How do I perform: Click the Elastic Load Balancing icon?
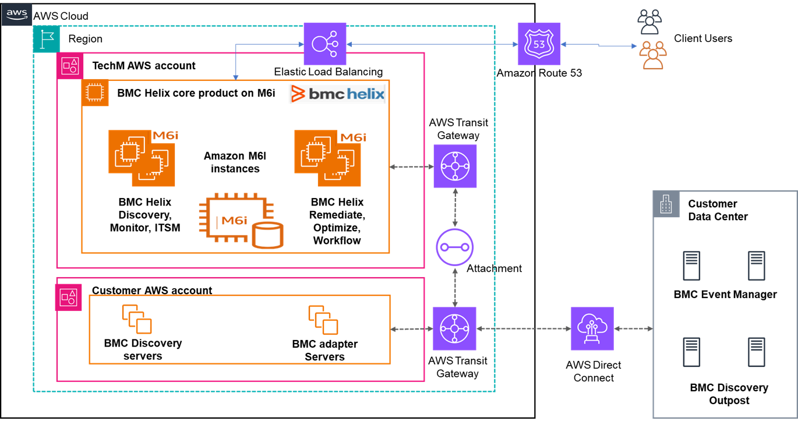[325, 44]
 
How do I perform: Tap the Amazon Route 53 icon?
[539, 44]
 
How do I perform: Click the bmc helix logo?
[337, 94]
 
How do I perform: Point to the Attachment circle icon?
[455, 247]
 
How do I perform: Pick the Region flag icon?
[47, 38]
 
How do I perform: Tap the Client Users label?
[703, 38]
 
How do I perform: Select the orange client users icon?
[652, 55]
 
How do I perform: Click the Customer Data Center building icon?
[666, 204]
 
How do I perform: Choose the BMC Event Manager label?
[725, 295]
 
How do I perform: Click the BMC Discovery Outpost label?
[729, 394]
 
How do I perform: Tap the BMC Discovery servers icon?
[137, 319]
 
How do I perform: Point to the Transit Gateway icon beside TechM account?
[455, 166]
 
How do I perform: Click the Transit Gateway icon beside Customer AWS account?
[455, 328]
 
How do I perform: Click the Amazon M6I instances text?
[231, 162]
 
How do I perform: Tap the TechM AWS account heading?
[144, 66]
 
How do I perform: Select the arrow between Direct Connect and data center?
[634, 329]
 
